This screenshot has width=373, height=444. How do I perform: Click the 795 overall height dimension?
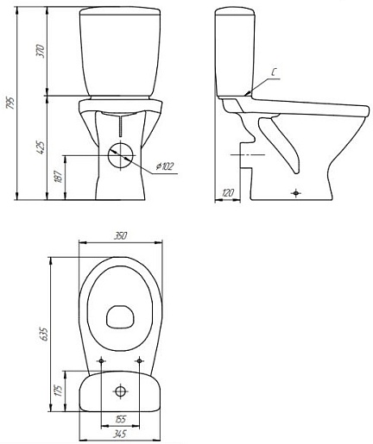[10, 103]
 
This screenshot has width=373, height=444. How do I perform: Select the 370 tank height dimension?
[42, 51]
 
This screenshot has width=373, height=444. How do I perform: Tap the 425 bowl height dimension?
[42, 147]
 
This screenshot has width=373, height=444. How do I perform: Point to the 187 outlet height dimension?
[59, 177]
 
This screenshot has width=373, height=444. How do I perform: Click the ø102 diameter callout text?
[165, 166]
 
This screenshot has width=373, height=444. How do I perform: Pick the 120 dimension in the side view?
[228, 192]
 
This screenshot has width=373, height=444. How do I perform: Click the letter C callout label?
[275, 72]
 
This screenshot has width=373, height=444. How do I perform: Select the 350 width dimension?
[120, 236]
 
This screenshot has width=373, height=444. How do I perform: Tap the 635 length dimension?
[46, 334]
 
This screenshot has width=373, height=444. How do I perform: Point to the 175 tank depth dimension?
[59, 391]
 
